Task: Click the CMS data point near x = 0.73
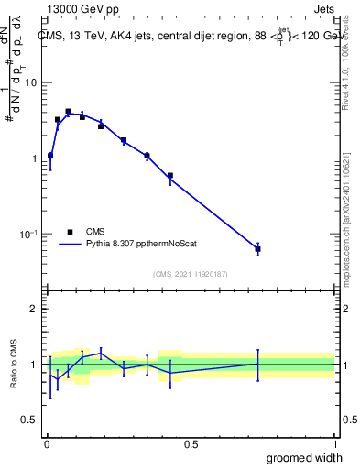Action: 257,249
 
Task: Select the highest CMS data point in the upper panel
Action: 68,112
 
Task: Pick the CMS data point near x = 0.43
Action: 170,175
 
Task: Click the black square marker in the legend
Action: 70,232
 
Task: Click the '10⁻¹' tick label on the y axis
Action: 27,234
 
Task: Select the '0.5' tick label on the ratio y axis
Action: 28,420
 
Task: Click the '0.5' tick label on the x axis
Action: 191,443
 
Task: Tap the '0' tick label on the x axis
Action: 47,443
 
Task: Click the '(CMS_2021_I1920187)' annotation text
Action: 190,273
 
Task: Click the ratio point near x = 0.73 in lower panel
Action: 257,365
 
